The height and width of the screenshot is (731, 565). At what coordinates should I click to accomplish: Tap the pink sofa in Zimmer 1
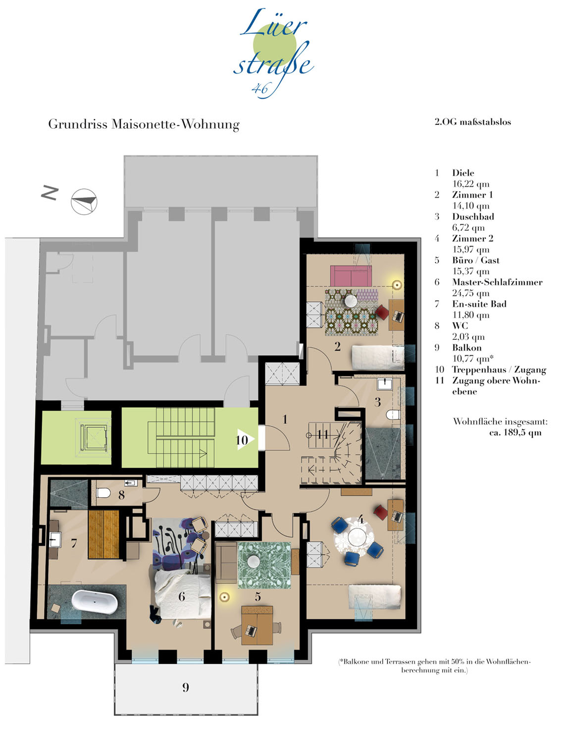coord(351,276)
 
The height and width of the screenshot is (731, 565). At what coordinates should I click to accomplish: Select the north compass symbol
coord(84,202)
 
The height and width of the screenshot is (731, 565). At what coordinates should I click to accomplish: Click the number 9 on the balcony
coord(186,687)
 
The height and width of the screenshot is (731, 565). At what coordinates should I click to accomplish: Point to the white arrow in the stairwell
coord(246,439)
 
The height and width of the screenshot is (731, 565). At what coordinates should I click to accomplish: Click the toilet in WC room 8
coord(104,493)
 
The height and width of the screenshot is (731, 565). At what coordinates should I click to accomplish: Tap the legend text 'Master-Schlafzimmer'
coord(497,282)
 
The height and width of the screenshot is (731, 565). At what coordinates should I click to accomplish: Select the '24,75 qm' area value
coord(470,293)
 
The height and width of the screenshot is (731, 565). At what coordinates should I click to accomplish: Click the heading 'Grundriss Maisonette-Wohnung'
coord(144,124)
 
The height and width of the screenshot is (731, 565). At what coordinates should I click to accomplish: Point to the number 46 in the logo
coord(259,88)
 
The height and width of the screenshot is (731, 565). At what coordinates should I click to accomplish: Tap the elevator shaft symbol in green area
coord(93,437)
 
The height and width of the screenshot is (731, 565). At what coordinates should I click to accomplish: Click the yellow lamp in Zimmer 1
coord(397,285)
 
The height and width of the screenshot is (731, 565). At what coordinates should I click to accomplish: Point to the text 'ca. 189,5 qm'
coord(515,433)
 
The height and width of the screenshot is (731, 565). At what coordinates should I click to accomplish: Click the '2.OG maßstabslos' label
coord(473,122)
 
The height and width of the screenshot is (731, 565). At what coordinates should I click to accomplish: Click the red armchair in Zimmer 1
coord(383,312)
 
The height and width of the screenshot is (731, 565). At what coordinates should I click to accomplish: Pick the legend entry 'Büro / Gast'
coord(475,260)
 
